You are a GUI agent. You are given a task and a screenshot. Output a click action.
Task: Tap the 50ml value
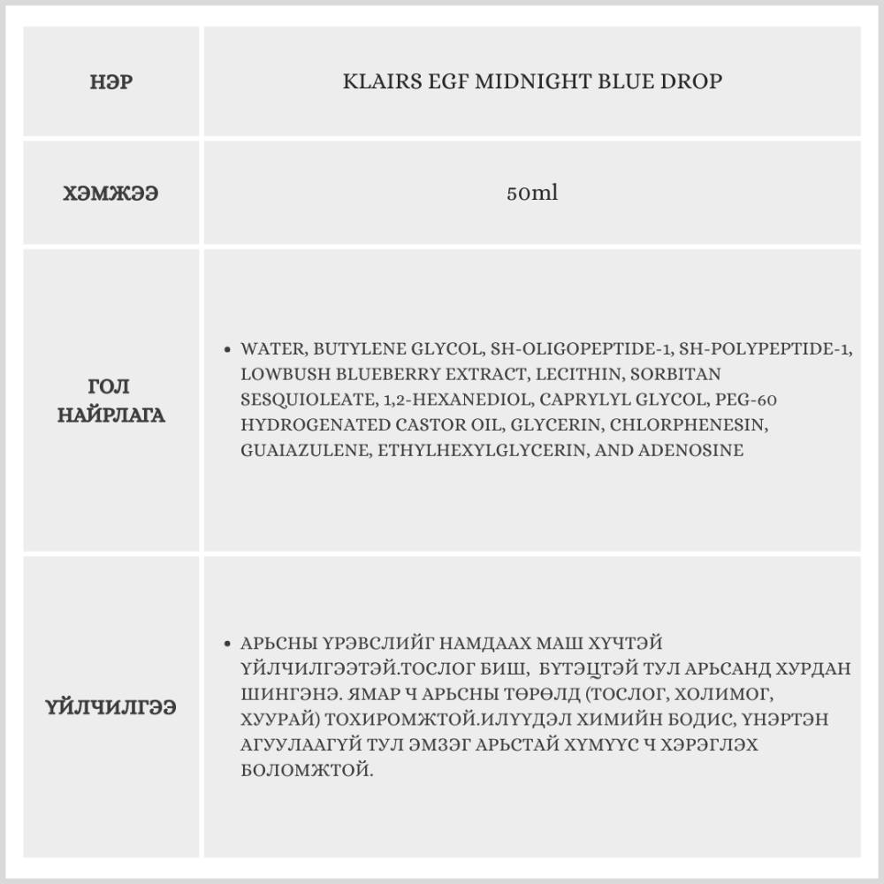(x=532, y=193)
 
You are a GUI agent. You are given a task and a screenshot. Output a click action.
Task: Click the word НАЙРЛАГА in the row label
(x=111, y=415)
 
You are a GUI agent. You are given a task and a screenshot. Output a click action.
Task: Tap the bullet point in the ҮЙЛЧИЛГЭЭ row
(x=229, y=644)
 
